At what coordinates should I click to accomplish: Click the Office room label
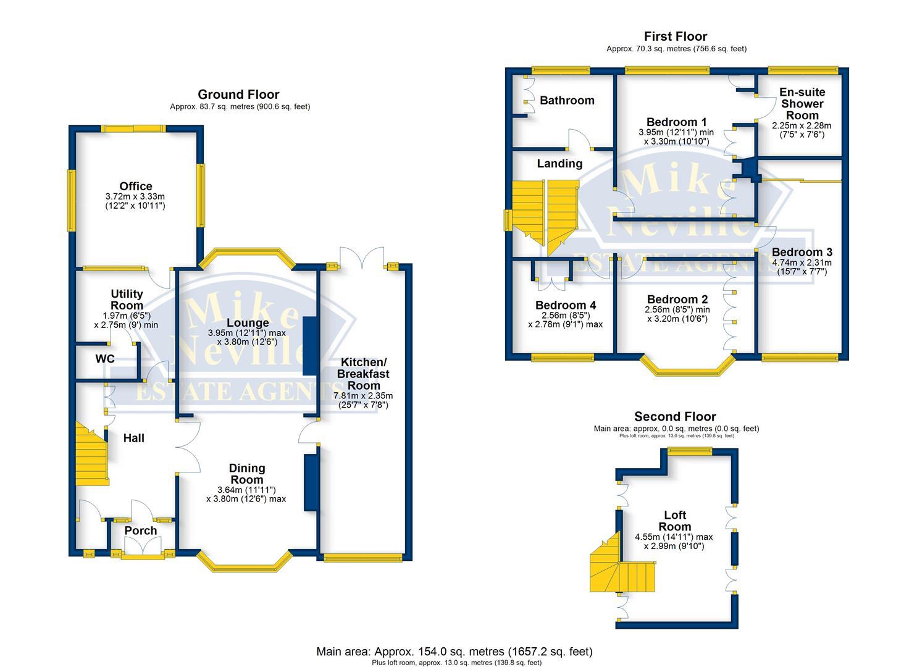tap(136, 186)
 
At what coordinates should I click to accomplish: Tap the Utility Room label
tap(127, 300)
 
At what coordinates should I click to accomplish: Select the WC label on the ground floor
tap(105, 359)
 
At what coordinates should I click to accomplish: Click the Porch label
tap(141, 531)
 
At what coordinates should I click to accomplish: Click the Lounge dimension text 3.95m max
tap(247, 333)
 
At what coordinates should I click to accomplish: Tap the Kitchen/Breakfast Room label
tap(364, 373)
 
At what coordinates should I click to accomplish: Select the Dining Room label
tap(247, 474)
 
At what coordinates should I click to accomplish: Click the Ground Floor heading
tap(238, 94)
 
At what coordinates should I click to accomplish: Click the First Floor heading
tap(675, 36)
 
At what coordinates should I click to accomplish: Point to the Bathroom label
tap(567, 100)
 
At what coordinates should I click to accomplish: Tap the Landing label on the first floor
tap(559, 164)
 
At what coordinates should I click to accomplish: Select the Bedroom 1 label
tap(676, 122)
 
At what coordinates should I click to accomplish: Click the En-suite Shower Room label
tap(802, 103)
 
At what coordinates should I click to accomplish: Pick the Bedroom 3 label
tap(802, 252)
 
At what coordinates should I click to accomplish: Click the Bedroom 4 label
tap(565, 305)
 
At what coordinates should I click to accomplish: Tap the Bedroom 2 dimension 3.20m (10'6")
tap(677, 319)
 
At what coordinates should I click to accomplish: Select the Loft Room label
tap(674, 521)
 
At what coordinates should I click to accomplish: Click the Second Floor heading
tap(675, 417)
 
